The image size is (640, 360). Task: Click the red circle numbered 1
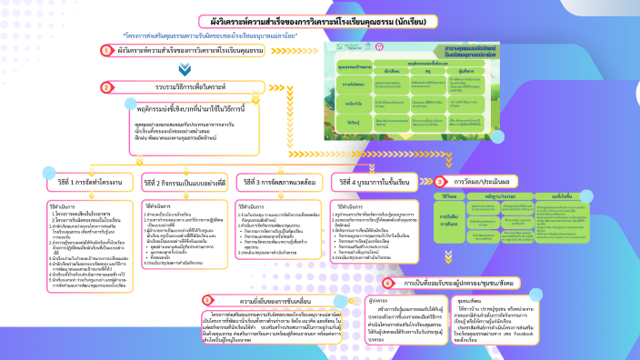[107, 51]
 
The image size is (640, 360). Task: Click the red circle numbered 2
[107, 88]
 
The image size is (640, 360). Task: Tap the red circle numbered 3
[440, 181]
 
